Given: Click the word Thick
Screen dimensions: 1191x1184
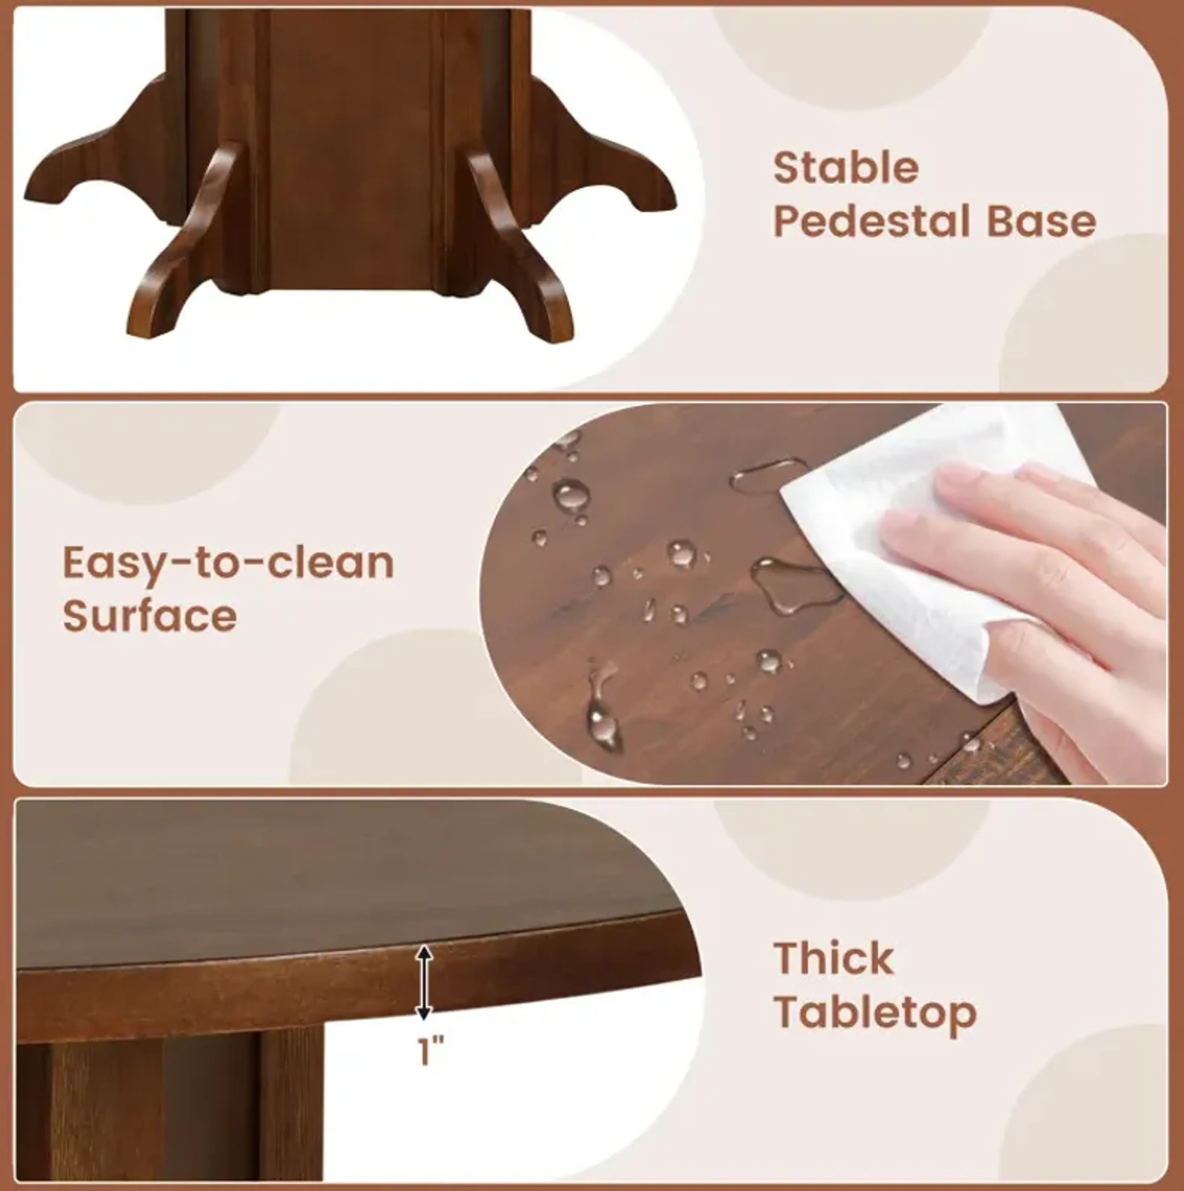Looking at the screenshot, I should pos(834,958).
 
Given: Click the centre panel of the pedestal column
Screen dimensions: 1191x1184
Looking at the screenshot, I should pos(355,154).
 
